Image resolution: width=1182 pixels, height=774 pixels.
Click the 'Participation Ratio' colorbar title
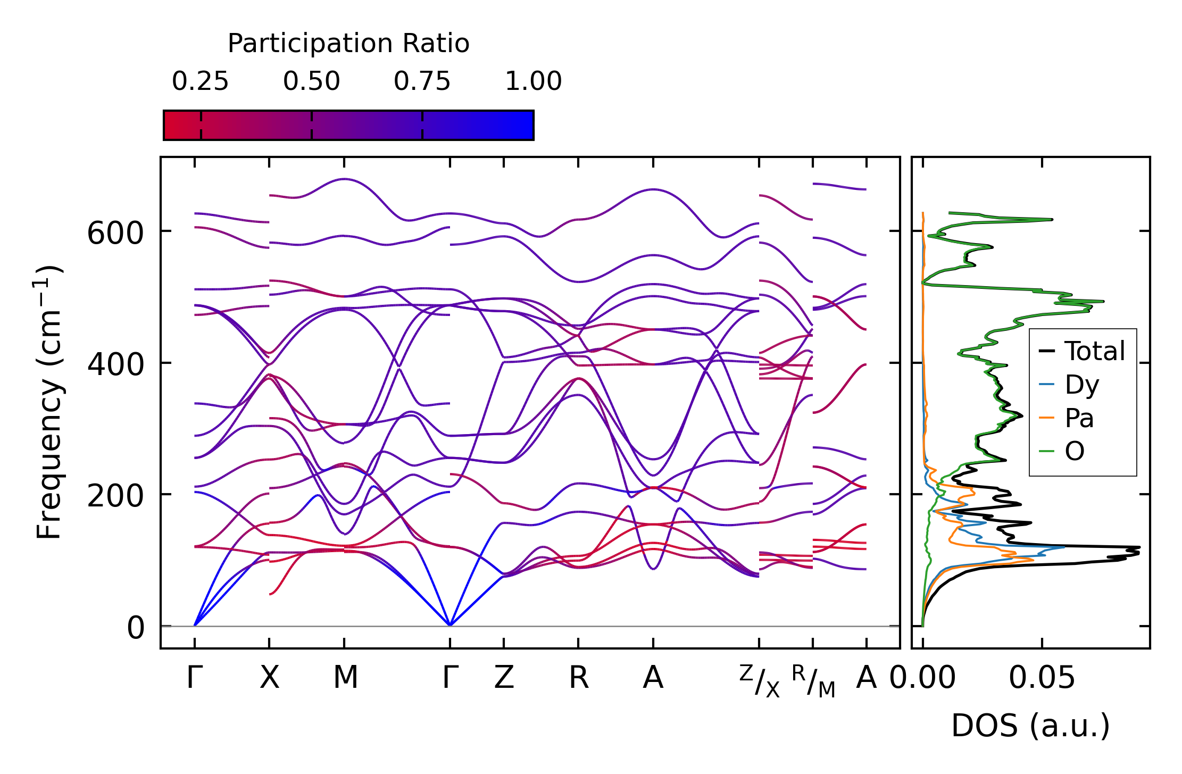[x=348, y=44]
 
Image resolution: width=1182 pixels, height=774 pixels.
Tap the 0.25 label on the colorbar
[x=200, y=82]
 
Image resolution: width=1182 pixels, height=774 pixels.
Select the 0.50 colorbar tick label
[x=311, y=82]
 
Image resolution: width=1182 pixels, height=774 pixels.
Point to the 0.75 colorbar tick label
[x=422, y=82]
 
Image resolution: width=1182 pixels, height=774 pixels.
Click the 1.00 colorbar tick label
[x=533, y=82]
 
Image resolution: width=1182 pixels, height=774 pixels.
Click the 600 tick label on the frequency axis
[x=115, y=234]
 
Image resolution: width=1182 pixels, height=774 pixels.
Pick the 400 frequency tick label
[x=115, y=365]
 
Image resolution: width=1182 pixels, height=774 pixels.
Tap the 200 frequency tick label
[x=115, y=496]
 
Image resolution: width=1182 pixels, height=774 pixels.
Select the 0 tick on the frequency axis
[x=135, y=628]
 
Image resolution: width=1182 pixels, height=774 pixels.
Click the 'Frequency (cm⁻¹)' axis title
[x=49, y=402]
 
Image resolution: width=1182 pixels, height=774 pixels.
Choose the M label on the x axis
[x=345, y=678]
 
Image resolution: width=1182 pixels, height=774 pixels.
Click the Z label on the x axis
[x=504, y=678]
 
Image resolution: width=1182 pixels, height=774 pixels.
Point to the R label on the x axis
[x=579, y=678]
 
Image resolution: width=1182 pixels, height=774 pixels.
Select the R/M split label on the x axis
[x=813, y=681]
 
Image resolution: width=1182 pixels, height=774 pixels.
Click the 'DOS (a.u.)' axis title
[x=1030, y=726]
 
